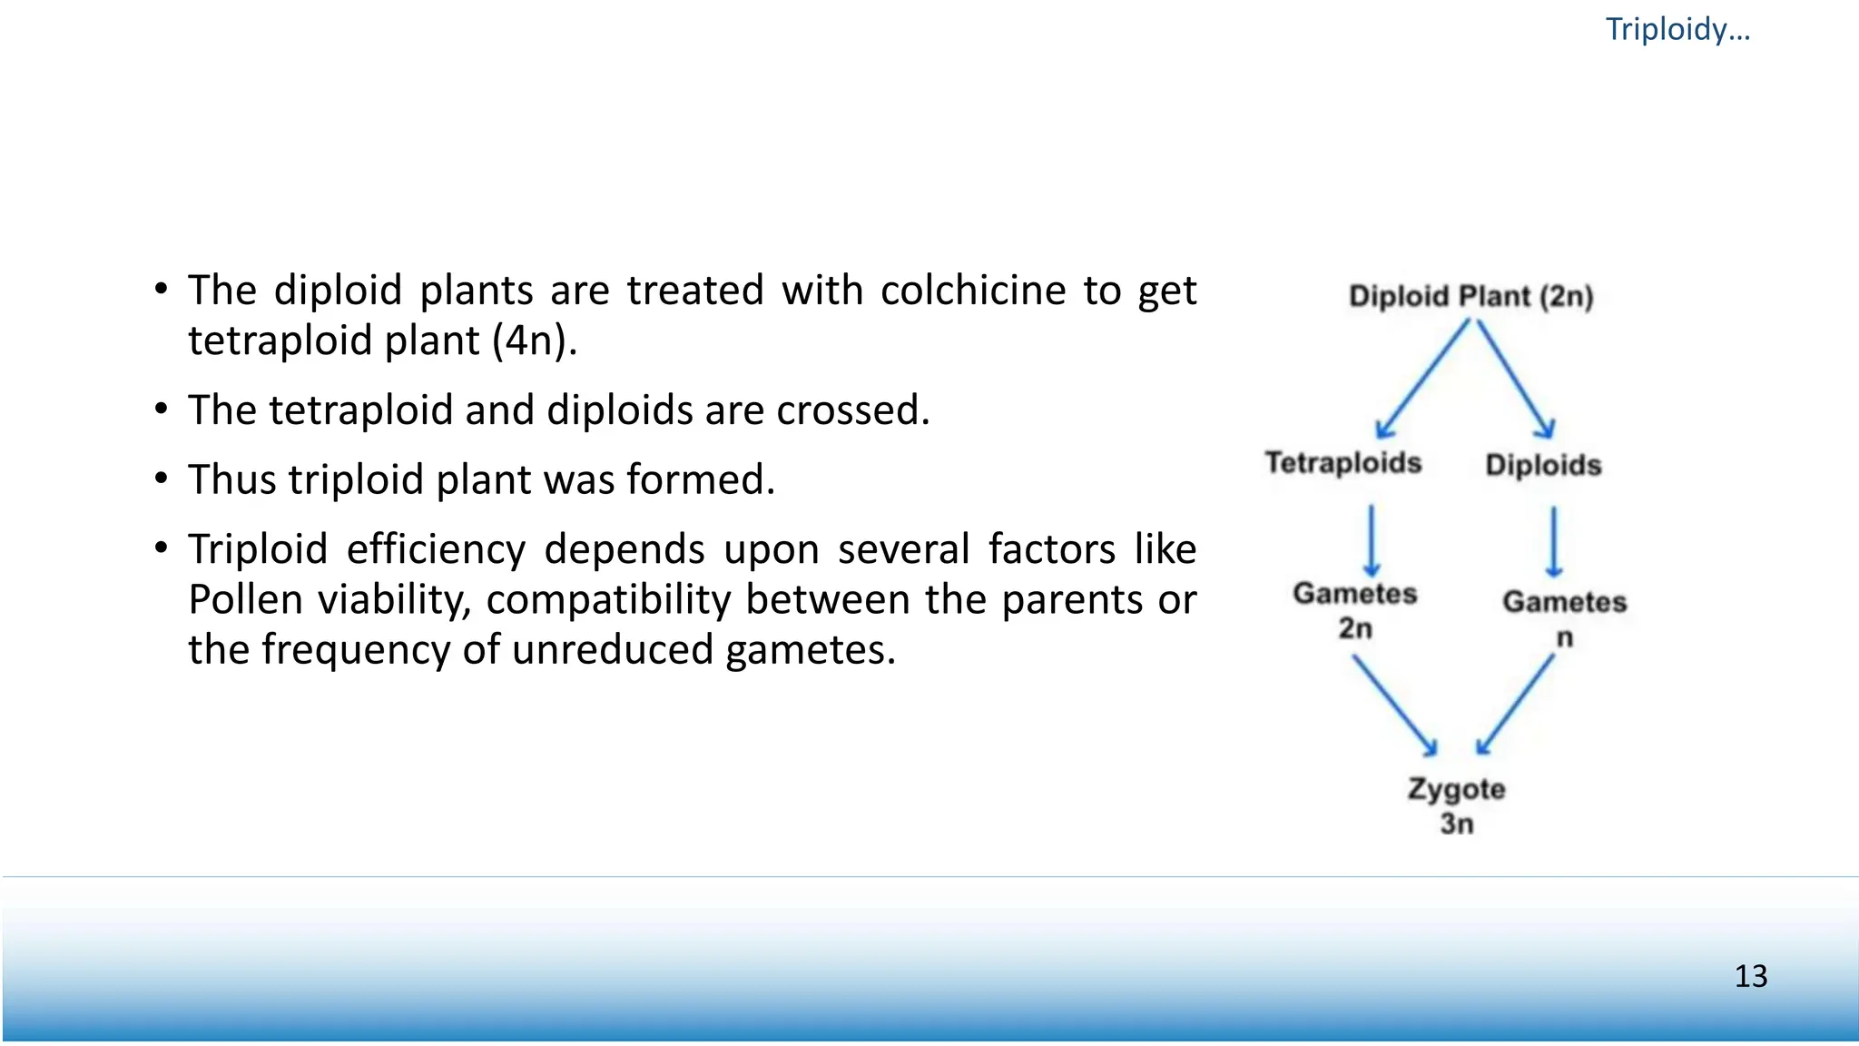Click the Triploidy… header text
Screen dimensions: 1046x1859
click(x=1677, y=30)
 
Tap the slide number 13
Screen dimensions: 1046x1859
click(x=1750, y=976)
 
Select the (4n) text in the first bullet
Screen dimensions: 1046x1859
click(x=535, y=341)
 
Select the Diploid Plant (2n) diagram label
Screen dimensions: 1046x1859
click(x=1470, y=296)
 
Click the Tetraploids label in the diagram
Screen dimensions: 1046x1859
click(x=1343, y=463)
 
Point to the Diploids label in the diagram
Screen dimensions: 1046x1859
click(x=1543, y=465)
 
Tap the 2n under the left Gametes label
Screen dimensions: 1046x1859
click(x=1355, y=628)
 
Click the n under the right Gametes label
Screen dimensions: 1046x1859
click(x=1564, y=637)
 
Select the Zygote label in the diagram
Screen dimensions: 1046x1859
click(x=1456, y=788)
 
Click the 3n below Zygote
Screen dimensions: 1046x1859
click(x=1456, y=824)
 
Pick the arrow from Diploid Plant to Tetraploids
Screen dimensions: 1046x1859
click(x=1421, y=379)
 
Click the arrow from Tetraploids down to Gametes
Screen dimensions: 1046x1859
click(x=1372, y=541)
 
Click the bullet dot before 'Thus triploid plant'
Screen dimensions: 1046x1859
click(x=161, y=479)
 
